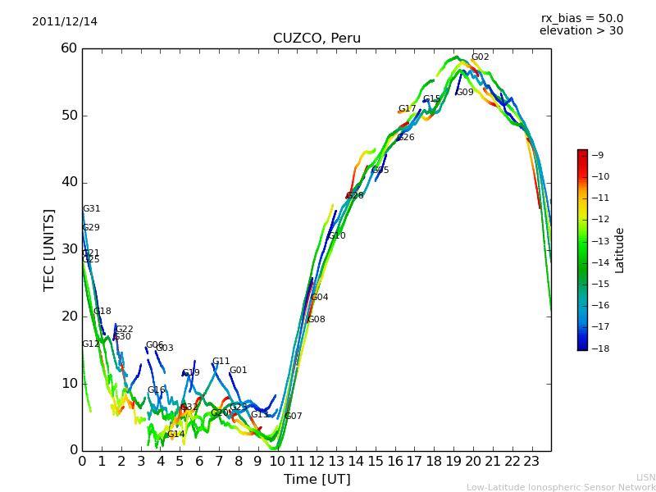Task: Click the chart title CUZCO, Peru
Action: click(x=317, y=39)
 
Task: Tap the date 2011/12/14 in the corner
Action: click(x=65, y=22)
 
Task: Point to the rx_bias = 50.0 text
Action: click(x=581, y=19)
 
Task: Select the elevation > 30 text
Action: click(x=581, y=31)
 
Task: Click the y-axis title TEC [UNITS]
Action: click(x=49, y=249)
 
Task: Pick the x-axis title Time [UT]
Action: click(x=317, y=480)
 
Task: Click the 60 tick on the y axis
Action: click(x=68, y=48)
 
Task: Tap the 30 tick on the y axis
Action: click(x=68, y=249)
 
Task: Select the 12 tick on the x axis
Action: click(x=317, y=462)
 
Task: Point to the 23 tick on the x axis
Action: click(x=531, y=462)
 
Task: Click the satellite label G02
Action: click(x=480, y=57)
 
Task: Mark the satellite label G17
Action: click(x=407, y=109)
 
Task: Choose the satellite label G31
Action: click(x=91, y=209)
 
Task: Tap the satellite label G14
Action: click(x=175, y=435)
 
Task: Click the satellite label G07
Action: click(x=293, y=417)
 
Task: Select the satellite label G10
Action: click(x=336, y=236)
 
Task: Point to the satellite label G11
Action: click(x=221, y=362)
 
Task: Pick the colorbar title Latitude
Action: click(x=620, y=249)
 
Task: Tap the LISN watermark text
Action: click(x=645, y=477)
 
